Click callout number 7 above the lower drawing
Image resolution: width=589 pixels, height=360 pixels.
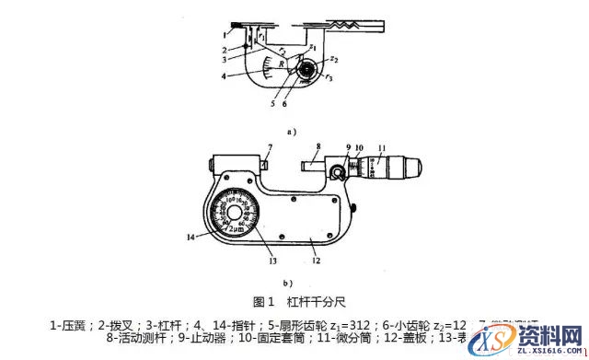pos(270,146)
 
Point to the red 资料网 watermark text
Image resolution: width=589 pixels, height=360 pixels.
pos(551,333)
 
